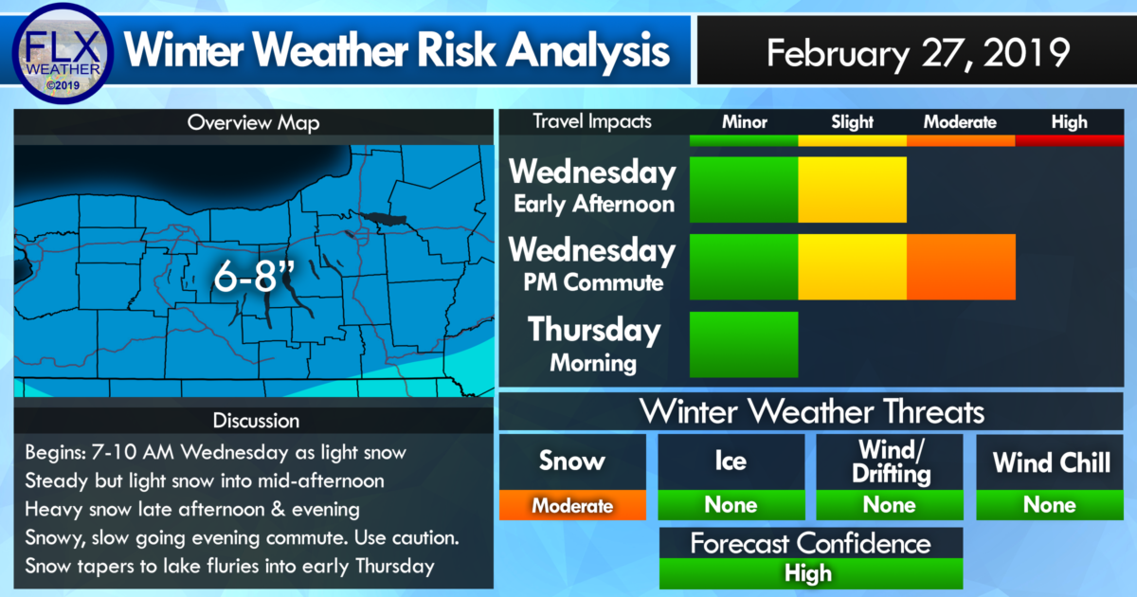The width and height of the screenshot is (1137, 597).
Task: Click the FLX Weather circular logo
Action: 63,53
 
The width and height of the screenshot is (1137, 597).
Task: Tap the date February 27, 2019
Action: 918,53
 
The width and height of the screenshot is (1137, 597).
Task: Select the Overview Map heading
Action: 253,123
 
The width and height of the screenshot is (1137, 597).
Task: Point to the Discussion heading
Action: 256,421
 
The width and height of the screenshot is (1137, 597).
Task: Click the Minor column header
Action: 744,122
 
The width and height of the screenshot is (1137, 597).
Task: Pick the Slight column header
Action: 852,122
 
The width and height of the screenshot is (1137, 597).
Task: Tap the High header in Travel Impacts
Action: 1069,122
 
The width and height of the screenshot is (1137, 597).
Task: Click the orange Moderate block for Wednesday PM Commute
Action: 961,266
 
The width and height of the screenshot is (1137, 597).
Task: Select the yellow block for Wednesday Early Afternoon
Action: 852,190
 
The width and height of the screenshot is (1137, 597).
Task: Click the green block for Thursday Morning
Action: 744,345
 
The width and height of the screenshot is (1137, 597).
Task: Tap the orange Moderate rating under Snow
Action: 572,505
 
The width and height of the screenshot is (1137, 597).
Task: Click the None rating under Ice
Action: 731,505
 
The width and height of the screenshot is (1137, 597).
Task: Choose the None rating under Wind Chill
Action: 1050,505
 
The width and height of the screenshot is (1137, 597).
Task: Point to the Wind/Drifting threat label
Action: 891,461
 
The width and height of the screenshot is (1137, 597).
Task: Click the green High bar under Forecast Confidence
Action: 811,573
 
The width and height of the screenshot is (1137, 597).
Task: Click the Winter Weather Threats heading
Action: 811,410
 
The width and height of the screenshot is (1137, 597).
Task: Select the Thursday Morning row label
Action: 594,345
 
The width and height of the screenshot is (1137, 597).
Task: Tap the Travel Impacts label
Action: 592,122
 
